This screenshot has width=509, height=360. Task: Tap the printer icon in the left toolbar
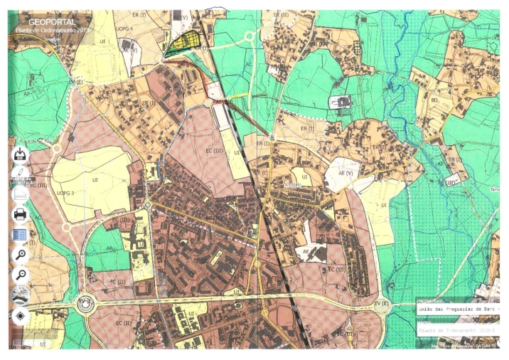click(x=21, y=213)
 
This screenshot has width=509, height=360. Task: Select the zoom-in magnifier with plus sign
click(x=21, y=255)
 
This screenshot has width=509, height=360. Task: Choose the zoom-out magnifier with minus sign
click(x=21, y=275)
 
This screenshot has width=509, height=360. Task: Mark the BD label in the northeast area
click(x=434, y=101)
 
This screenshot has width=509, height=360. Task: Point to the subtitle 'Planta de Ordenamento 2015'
click(x=46, y=31)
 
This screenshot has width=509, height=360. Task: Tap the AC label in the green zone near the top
click(x=249, y=64)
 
